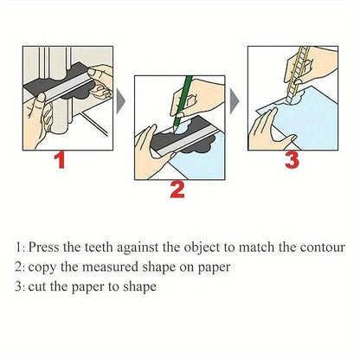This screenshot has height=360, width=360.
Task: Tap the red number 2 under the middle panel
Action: [177, 189]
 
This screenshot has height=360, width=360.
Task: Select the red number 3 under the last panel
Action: [292, 159]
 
